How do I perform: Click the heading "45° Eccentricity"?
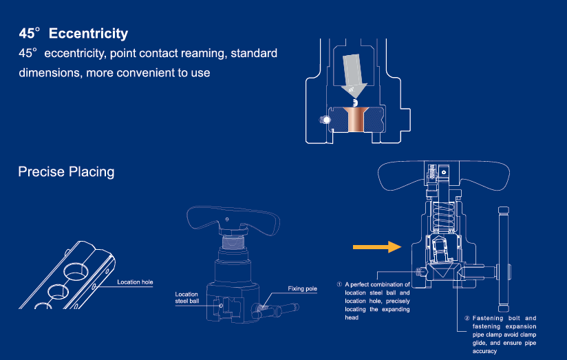pyautogui.click(x=74, y=33)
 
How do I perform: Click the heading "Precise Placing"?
pyautogui.click(x=66, y=171)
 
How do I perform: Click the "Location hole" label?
pyautogui.click(x=135, y=282)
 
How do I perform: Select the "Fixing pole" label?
pyautogui.click(x=302, y=288)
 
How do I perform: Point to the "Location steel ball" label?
pyautogui.click(x=187, y=297)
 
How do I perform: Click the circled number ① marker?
pyautogui.click(x=339, y=284)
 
